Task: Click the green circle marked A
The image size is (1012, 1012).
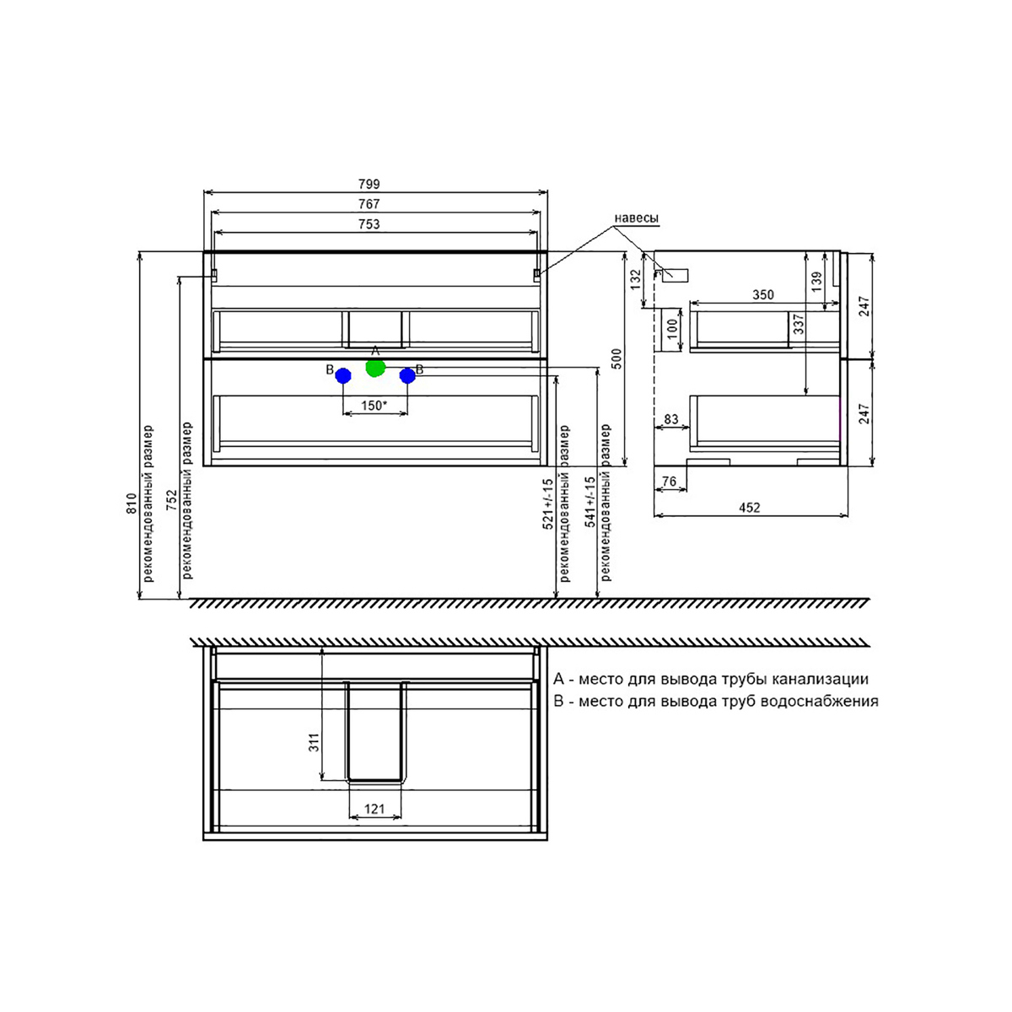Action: (x=375, y=368)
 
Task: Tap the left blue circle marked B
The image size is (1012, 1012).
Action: (x=343, y=375)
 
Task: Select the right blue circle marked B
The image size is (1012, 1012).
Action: (x=407, y=375)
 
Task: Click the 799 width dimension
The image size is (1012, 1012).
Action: (x=369, y=184)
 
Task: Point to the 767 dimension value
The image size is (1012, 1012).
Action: (x=369, y=204)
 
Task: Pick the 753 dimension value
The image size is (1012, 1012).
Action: (x=369, y=224)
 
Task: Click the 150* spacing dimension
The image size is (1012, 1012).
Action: (x=374, y=406)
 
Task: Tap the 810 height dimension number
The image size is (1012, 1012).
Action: (x=132, y=503)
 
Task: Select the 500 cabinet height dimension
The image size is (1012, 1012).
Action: (x=617, y=358)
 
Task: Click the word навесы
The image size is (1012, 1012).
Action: (x=636, y=218)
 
